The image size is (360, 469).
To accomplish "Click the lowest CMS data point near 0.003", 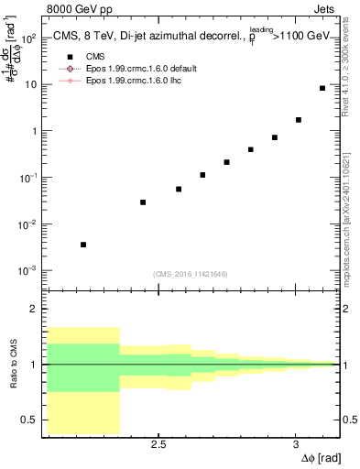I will click(83, 245).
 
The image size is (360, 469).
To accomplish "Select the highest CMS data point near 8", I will click(322, 88).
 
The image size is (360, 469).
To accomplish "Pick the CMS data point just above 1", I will click(299, 119).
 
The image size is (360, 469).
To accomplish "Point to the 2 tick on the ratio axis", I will click(38, 309).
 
